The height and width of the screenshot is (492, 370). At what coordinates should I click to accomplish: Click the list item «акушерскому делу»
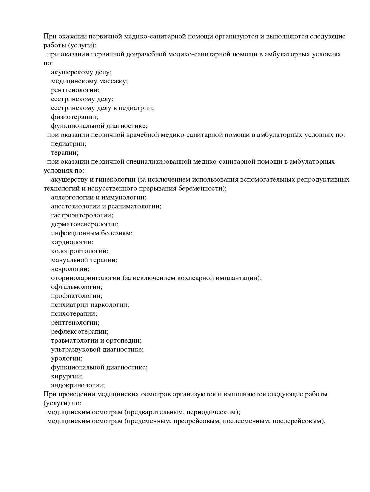[x=81, y=72]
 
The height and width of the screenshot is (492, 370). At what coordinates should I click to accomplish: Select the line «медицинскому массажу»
[x=89, y=81]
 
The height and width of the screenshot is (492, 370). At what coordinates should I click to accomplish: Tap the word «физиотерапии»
[x=74, y=117]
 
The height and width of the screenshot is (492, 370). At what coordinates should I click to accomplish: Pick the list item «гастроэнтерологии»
[x=82, y=215]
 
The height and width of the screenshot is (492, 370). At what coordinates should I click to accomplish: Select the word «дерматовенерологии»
[x=84, y=224]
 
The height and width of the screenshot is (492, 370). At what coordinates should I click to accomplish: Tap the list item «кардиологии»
[x=72, y=242]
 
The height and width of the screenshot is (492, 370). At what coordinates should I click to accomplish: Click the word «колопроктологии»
[x=79, y=251]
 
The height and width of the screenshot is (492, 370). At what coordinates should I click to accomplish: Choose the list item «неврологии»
[x=70, y=269]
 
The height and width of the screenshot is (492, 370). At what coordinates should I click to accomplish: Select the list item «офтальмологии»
[x=76, y=287]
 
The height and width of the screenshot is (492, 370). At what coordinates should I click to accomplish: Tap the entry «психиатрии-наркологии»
[x=90, y=305]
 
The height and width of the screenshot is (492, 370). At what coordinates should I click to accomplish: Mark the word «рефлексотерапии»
[x=80, y=332]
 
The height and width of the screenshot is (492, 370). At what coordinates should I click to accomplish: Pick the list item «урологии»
[x=67, y=358]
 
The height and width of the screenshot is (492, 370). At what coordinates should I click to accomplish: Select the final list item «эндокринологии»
[x=78, y=385]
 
